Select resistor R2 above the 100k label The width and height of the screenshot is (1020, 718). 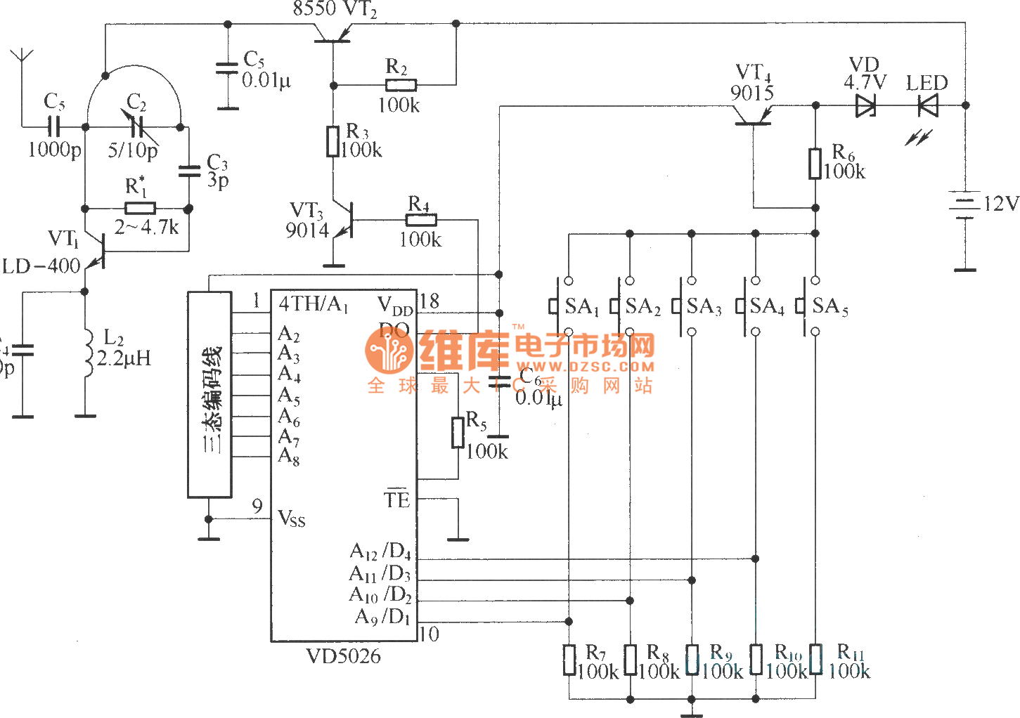point(401,85)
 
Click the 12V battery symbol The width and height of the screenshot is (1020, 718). point(964,204)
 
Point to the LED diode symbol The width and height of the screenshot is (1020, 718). point(928,105)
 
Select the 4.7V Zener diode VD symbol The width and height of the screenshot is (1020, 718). point(865,105)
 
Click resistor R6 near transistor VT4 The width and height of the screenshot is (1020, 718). point(815,163)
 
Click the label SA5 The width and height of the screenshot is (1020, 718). point(829,306)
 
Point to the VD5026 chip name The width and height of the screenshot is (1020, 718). point(343,656)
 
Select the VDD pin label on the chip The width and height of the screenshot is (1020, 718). point(394,306)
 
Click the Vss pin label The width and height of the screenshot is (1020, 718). point(292,519)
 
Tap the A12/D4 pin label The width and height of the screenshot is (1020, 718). point(380,551)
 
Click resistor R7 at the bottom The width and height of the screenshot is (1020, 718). point(569,660)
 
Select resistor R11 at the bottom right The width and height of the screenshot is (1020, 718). point(815,660)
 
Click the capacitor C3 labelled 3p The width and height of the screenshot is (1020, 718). point(188,171)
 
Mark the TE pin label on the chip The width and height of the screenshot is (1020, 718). point(396,500)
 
